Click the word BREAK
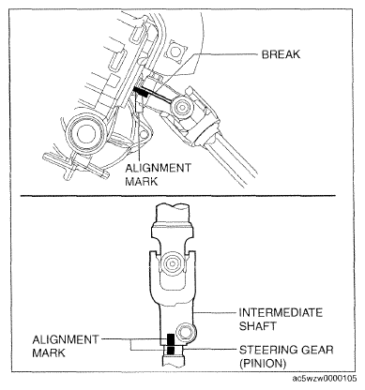coord(281,54)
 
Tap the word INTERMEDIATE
coord(281,312)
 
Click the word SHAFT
coord(258,326)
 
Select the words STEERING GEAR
coord(286,350)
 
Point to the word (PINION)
coord(263,363)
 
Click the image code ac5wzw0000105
coord(325,379)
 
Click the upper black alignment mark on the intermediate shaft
coord(171,338)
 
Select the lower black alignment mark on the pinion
coord(171,350)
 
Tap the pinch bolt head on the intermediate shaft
coord(185,333)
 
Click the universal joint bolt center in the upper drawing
coord(181,107)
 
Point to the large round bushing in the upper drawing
coord(84,133)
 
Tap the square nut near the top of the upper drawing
coord(175,49)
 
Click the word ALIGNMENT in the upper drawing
coord(158,168)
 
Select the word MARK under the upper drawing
coord(142,182)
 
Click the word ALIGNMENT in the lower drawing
coord(66,339)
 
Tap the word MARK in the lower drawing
coord(49,353)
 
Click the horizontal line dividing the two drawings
coord(178,196)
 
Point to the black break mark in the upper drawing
coord(141,91)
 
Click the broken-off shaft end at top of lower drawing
coord(173,207)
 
